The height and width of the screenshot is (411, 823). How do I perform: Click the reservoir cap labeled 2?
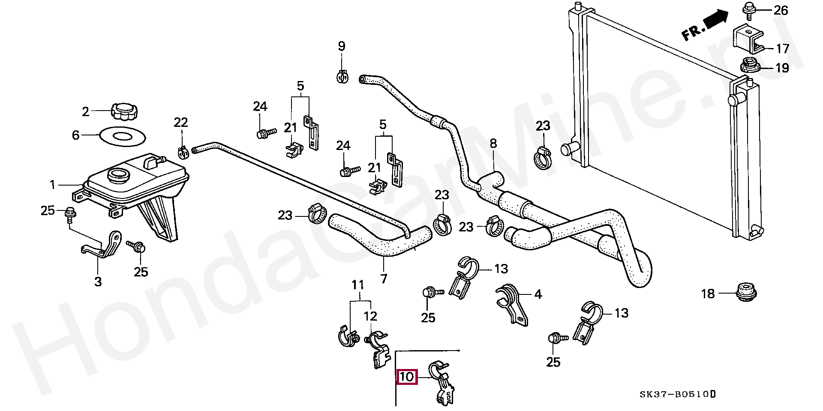(x=124, y=111)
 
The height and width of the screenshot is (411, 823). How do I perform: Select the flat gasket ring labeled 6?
(x=122, y=136)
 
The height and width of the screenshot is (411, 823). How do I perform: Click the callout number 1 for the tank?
(x=53, y=185)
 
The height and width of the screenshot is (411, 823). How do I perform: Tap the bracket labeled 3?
(x=102, y=246)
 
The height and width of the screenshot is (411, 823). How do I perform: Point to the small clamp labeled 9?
(x=342, y=77)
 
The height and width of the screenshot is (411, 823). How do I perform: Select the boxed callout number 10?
(x=406, y=377)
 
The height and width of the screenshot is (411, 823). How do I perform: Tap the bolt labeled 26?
(x=748, y=9)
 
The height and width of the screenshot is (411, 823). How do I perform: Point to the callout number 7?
(x=384, y=279)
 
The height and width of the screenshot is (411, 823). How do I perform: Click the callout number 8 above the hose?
(x=493, y=144)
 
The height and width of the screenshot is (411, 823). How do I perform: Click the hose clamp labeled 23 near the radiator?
(x=543, y=159)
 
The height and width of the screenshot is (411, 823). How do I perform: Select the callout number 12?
(x=370, y=317)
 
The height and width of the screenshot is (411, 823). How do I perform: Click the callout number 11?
(x=358, y=285)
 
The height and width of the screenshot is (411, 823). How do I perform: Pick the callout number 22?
(x=181, y=123)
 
